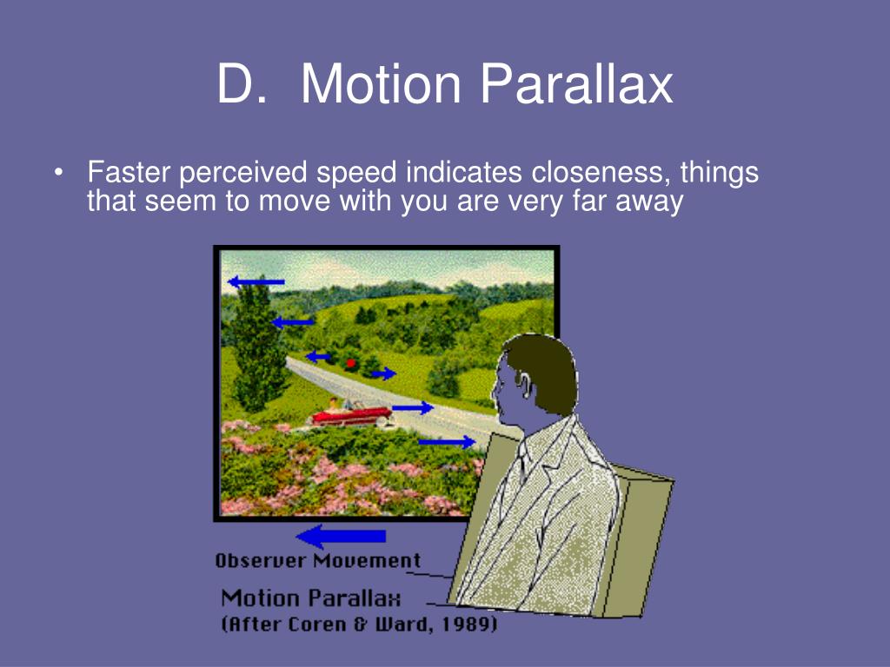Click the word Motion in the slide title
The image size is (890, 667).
(380, 84)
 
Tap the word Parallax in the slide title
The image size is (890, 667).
(577, 84)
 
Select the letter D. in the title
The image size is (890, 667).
(242, 84)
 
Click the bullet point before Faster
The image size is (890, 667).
(58, 173)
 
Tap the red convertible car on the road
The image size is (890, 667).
(352, 414)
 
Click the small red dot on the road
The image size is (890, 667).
(351, 363)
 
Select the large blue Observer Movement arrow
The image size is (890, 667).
(341, 536)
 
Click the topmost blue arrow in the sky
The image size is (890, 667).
(256, 281)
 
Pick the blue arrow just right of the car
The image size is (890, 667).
(413, 407)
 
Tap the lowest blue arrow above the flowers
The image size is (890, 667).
(447, 442)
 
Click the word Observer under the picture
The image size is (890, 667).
(261, 561)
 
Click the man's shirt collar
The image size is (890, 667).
(531, 448)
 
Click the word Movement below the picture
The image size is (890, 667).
(367, 561)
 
